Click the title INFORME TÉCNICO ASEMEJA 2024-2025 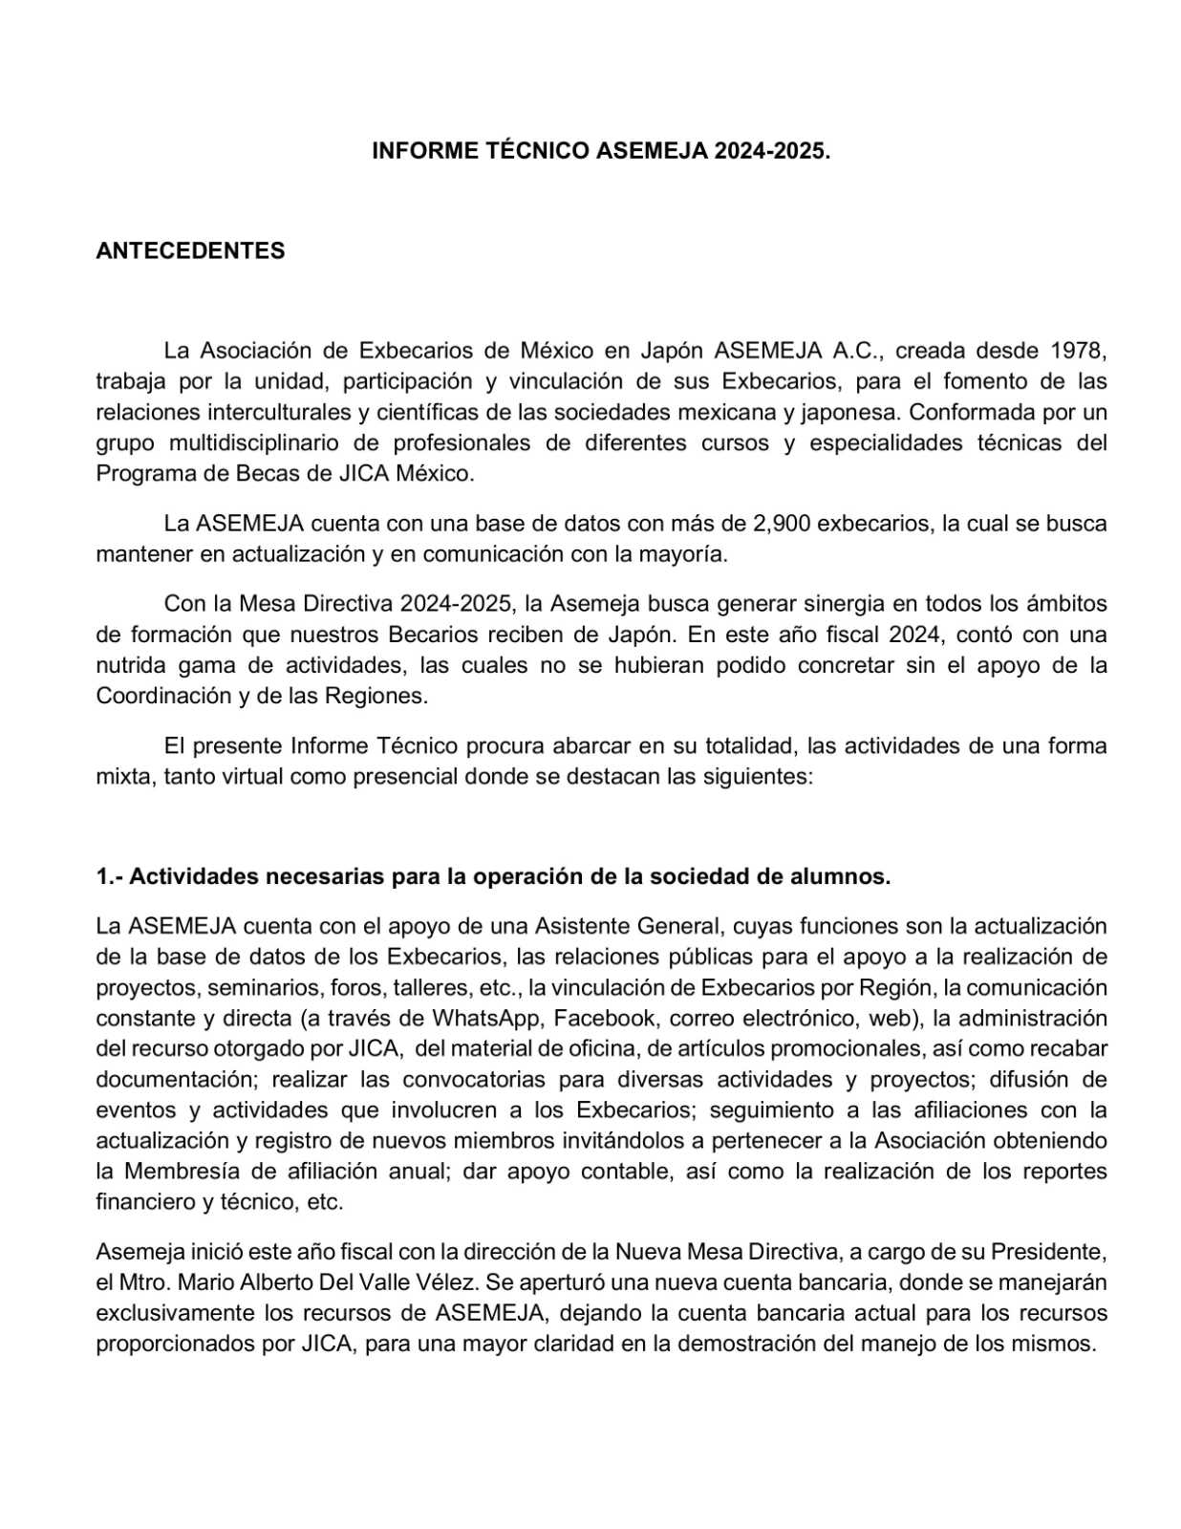tap(601, 151)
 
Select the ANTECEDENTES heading tap(190, 250)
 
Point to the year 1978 tap(1078, 351)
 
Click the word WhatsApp tap(485, 1018)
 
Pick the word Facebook tap(605, 1018)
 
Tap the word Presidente tap(1048, 1252)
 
